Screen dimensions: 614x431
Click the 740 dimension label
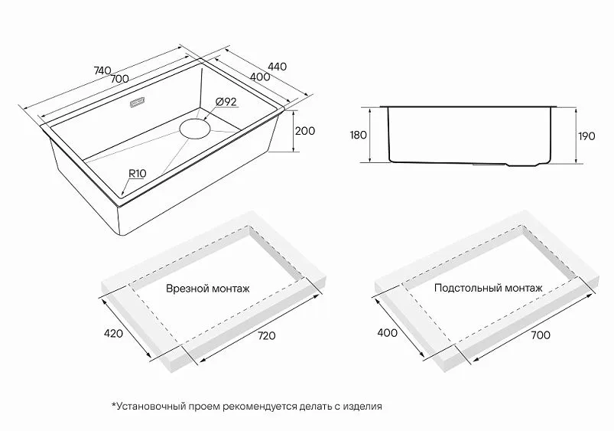tap(102, 71)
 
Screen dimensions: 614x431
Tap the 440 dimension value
tap(277, 67)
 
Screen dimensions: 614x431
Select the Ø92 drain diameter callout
tap(226, 102)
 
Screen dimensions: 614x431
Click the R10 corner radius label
tap(138, 173)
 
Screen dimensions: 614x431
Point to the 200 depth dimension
tap(304, 131)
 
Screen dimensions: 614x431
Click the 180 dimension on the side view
tap(358, 135)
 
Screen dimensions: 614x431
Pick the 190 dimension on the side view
tap(586, 136)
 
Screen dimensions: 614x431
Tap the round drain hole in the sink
tap(195, 129)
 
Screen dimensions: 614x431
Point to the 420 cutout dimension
tap(114, 333)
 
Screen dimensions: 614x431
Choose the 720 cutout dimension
tap(267, 336)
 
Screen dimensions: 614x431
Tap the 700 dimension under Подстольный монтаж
tap(541, 335)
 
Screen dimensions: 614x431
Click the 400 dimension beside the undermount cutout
tap(387, 333)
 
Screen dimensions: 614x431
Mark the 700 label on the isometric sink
tap(119, 79)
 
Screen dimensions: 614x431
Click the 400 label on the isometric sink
tap(260, 77)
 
